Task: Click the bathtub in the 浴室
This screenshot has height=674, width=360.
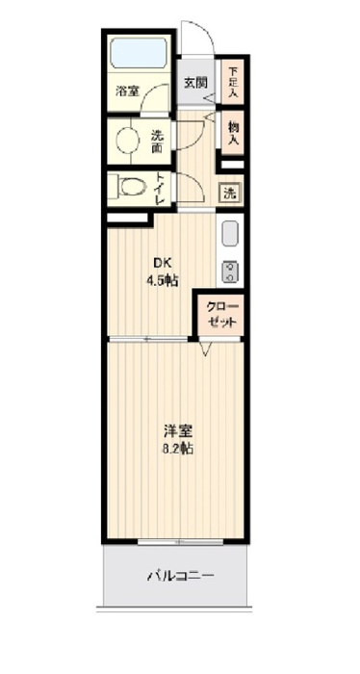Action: tap(139, 52)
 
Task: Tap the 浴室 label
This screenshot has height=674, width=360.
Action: tap(128, 91)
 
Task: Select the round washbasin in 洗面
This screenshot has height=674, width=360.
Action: tap(128, 140)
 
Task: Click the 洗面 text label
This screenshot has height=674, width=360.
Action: tap(156, 142)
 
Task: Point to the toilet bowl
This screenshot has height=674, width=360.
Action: tap(131, 188)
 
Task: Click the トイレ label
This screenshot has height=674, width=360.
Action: tap(160, 189)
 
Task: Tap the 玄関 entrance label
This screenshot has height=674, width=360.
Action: tap(196, 82)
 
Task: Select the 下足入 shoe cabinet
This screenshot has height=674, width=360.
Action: tap(232, 82)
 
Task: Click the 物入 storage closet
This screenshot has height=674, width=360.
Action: tap(232, 133)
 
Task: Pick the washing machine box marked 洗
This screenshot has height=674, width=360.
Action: tap(231, 193)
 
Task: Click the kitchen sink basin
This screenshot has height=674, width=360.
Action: tap(230, 234)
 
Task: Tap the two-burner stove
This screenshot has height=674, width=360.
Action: tap(230, 272)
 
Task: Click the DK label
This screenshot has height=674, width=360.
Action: tap(161, 263)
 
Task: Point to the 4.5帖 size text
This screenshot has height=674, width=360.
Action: tap(163, 281)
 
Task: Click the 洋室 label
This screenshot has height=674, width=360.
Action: tap(177, 430)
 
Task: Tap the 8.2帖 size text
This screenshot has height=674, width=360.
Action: tap(177, 449)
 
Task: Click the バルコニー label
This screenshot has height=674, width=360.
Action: tap(180, 575)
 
